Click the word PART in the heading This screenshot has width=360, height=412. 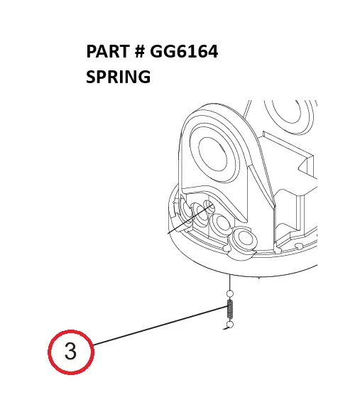point(108,51)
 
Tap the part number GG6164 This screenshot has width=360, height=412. point(184,51)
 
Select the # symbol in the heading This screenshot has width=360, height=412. point(140,51)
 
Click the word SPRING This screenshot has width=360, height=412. point(118,77)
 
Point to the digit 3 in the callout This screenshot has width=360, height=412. point(70,351)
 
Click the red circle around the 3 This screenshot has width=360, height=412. point(48,352)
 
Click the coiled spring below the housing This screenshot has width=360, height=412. point(230,309)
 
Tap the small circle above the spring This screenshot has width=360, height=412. point(230,293)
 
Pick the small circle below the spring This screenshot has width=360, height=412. point(230,325)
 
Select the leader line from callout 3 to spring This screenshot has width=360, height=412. point(160,326)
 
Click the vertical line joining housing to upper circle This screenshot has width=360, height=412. point(230,282)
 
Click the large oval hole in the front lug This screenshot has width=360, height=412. point(213,156)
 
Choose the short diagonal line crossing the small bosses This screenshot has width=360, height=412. point(190,219)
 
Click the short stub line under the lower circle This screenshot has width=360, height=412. point(226,328)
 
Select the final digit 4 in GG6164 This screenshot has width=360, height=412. point(212,51)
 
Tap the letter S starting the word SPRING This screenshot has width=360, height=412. point(91,77)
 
